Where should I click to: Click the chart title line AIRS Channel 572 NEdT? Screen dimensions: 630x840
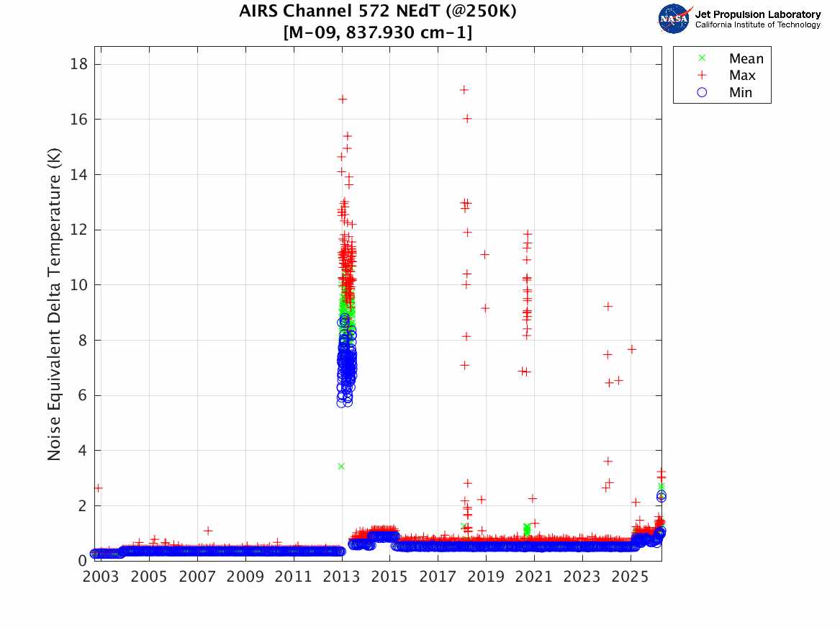click(x=377, y=12)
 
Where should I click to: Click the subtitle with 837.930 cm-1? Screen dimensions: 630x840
click(x=377, y=33)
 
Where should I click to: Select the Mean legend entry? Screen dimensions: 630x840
click(x=746, y=58)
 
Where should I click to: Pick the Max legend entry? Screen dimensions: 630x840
click(x=741, y=75)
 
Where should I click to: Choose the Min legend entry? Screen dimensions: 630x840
click(x=740, y=92)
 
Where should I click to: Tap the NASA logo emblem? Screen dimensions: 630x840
click(x=674, y=19)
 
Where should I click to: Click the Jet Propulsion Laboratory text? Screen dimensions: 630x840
click(x=757, y=14)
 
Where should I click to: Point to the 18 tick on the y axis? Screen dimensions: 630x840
click(x=78, y=64)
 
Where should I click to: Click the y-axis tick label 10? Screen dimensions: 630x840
click(x=78, y=285)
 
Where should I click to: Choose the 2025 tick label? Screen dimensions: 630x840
click(x=631, y=577)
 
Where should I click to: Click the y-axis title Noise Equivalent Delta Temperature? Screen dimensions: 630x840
click(x=55, y=305)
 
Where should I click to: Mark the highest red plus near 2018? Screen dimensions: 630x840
click(x=464, y=90)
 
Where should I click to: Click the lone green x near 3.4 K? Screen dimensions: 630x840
click(x=341, y=466)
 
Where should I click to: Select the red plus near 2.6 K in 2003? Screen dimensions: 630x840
click(x=98, y=488)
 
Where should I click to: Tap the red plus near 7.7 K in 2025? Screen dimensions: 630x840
click(x=631, y=349)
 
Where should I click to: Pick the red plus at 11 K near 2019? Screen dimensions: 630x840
click(x=484, y=254)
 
